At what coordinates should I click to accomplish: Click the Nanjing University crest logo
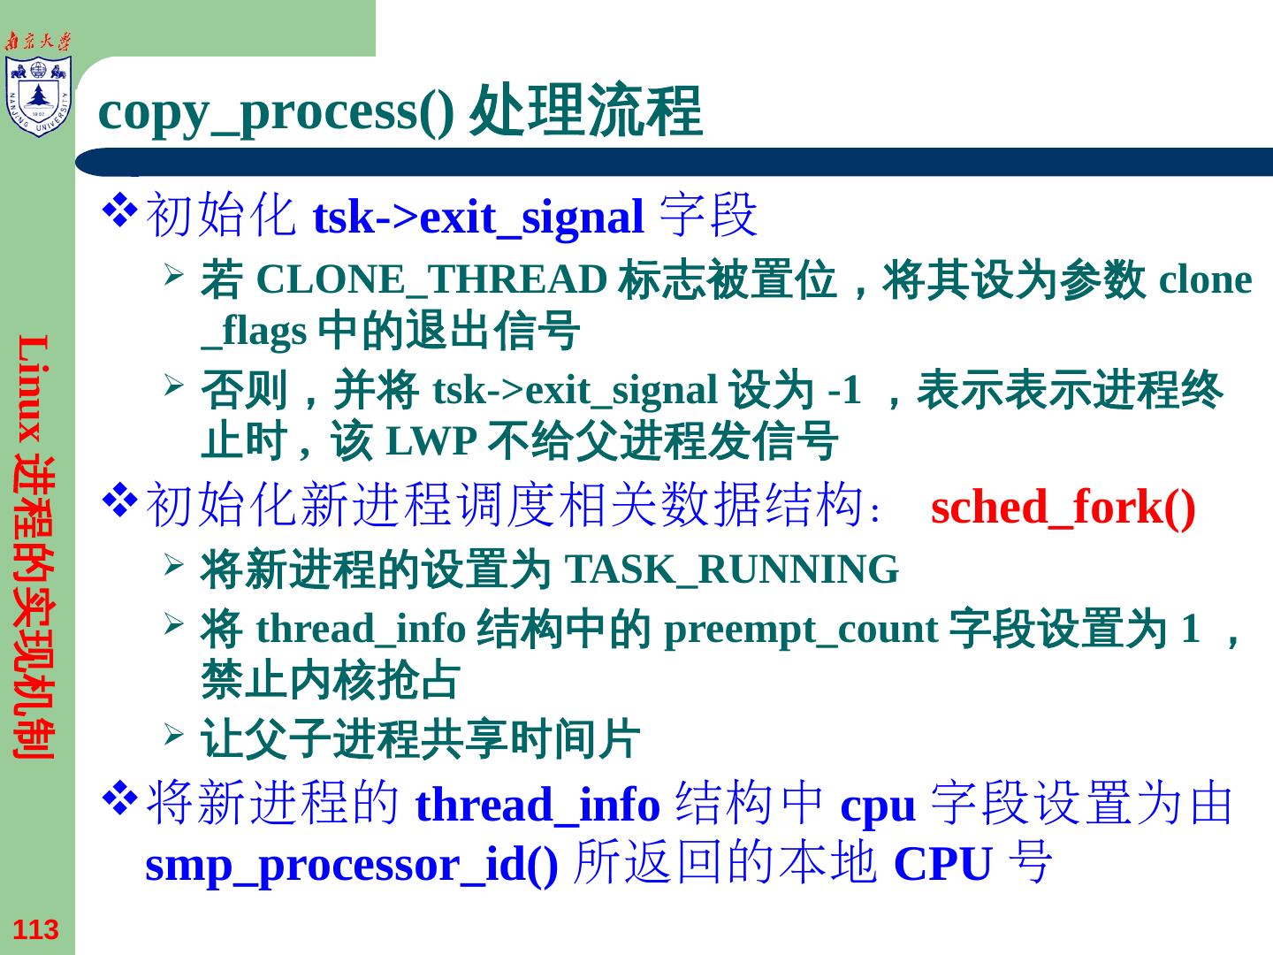click(37, 95)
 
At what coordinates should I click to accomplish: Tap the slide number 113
click(36, 929)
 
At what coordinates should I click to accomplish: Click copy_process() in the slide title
click(276, 112)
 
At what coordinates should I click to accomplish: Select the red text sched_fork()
click(1063, 508)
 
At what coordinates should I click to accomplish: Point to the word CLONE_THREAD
click(431, 280)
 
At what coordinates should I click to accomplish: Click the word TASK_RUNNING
click(731, 569)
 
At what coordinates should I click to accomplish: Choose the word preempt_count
click(800, 630)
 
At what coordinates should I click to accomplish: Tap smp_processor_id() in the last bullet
click(351, 864)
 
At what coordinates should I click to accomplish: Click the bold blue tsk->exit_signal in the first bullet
click(478, 218)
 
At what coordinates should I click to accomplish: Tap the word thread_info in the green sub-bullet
click(361, 630)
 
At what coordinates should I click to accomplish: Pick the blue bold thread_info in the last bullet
click(537, 806)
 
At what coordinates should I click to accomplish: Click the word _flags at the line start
click(254, 332)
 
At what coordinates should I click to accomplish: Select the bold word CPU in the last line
click(942, 864)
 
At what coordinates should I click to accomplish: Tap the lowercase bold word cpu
click(877, 806)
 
